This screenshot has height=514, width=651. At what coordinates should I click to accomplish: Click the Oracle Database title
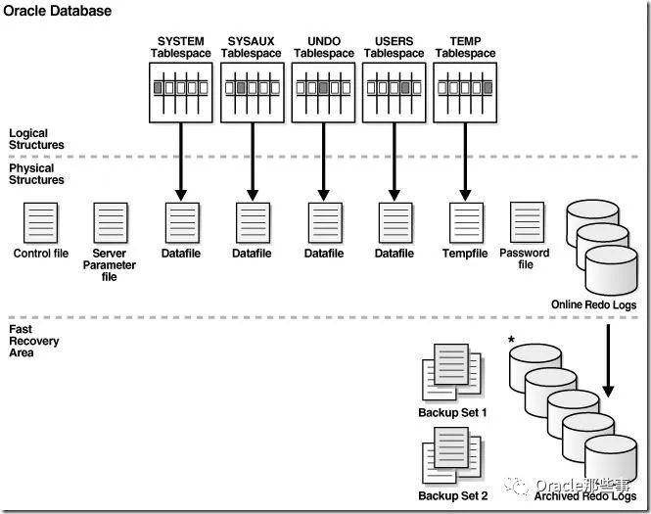58,11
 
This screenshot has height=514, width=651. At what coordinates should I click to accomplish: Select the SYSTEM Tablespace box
180,93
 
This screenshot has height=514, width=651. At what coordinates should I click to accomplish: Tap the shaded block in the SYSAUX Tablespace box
241,88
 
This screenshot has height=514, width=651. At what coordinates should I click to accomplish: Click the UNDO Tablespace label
324,47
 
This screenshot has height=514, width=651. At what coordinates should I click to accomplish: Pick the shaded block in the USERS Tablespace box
405,88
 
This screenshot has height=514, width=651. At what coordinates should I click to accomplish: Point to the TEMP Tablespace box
465,93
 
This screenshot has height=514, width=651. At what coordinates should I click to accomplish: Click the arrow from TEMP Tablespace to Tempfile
465,162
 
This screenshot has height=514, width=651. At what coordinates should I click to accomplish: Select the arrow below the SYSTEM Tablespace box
180,162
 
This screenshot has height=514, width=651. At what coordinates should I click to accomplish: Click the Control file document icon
41,223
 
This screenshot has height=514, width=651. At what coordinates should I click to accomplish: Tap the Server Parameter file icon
111,223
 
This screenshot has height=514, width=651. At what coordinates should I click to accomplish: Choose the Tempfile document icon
466,223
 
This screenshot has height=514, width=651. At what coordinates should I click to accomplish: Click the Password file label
525,258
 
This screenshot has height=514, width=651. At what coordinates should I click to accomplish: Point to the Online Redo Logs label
593,304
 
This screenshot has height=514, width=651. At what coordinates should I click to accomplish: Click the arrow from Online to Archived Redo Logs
608,361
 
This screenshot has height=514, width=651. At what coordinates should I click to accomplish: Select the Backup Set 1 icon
451,372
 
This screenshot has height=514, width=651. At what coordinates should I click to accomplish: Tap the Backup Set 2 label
453,495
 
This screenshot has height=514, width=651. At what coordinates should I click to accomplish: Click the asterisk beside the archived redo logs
511,340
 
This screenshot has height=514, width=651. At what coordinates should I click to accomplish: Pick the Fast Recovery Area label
33,341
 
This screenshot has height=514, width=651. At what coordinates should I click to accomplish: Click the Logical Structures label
36,139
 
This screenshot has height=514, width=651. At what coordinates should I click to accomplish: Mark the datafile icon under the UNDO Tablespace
325,223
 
